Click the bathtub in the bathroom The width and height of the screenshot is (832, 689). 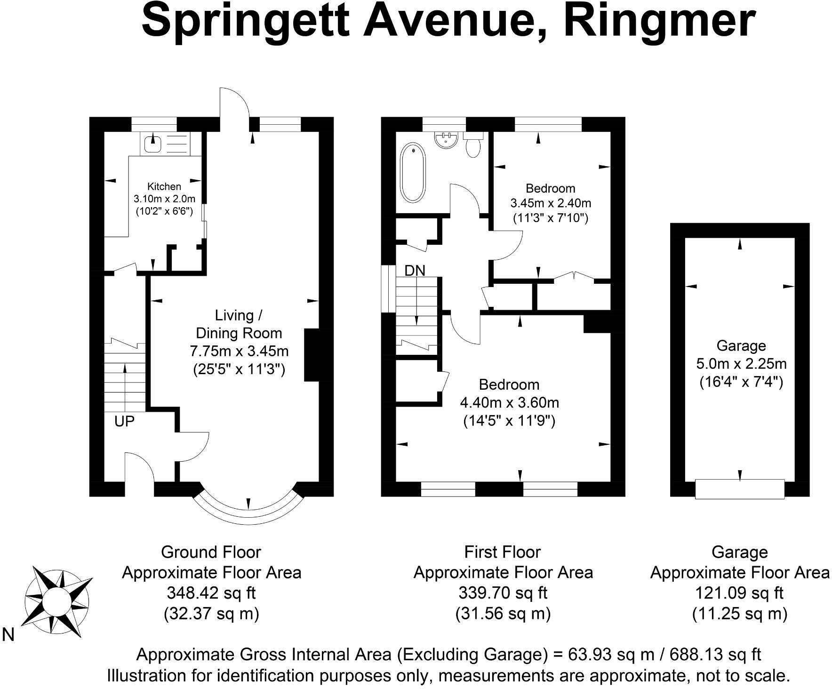412,173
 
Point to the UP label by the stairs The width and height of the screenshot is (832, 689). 124,421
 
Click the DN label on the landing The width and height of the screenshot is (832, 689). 415,271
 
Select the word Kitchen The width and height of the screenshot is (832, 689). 164,186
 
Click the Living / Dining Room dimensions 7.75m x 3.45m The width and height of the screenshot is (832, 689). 239,351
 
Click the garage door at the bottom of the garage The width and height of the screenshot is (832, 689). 739,489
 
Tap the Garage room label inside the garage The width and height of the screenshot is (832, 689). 741,346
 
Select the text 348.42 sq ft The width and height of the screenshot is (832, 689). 211,593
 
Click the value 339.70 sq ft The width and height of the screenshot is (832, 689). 503,593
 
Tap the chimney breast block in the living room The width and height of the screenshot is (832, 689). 312,354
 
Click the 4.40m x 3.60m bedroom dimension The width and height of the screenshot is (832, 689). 509,402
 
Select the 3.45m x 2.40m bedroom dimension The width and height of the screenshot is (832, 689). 550,203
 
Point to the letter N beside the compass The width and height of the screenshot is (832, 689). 8,635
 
